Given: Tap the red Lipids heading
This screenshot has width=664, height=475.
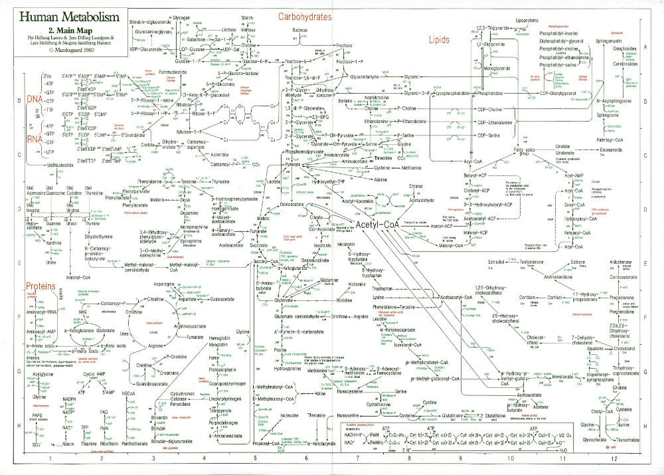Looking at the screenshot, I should (x=439, y=39).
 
